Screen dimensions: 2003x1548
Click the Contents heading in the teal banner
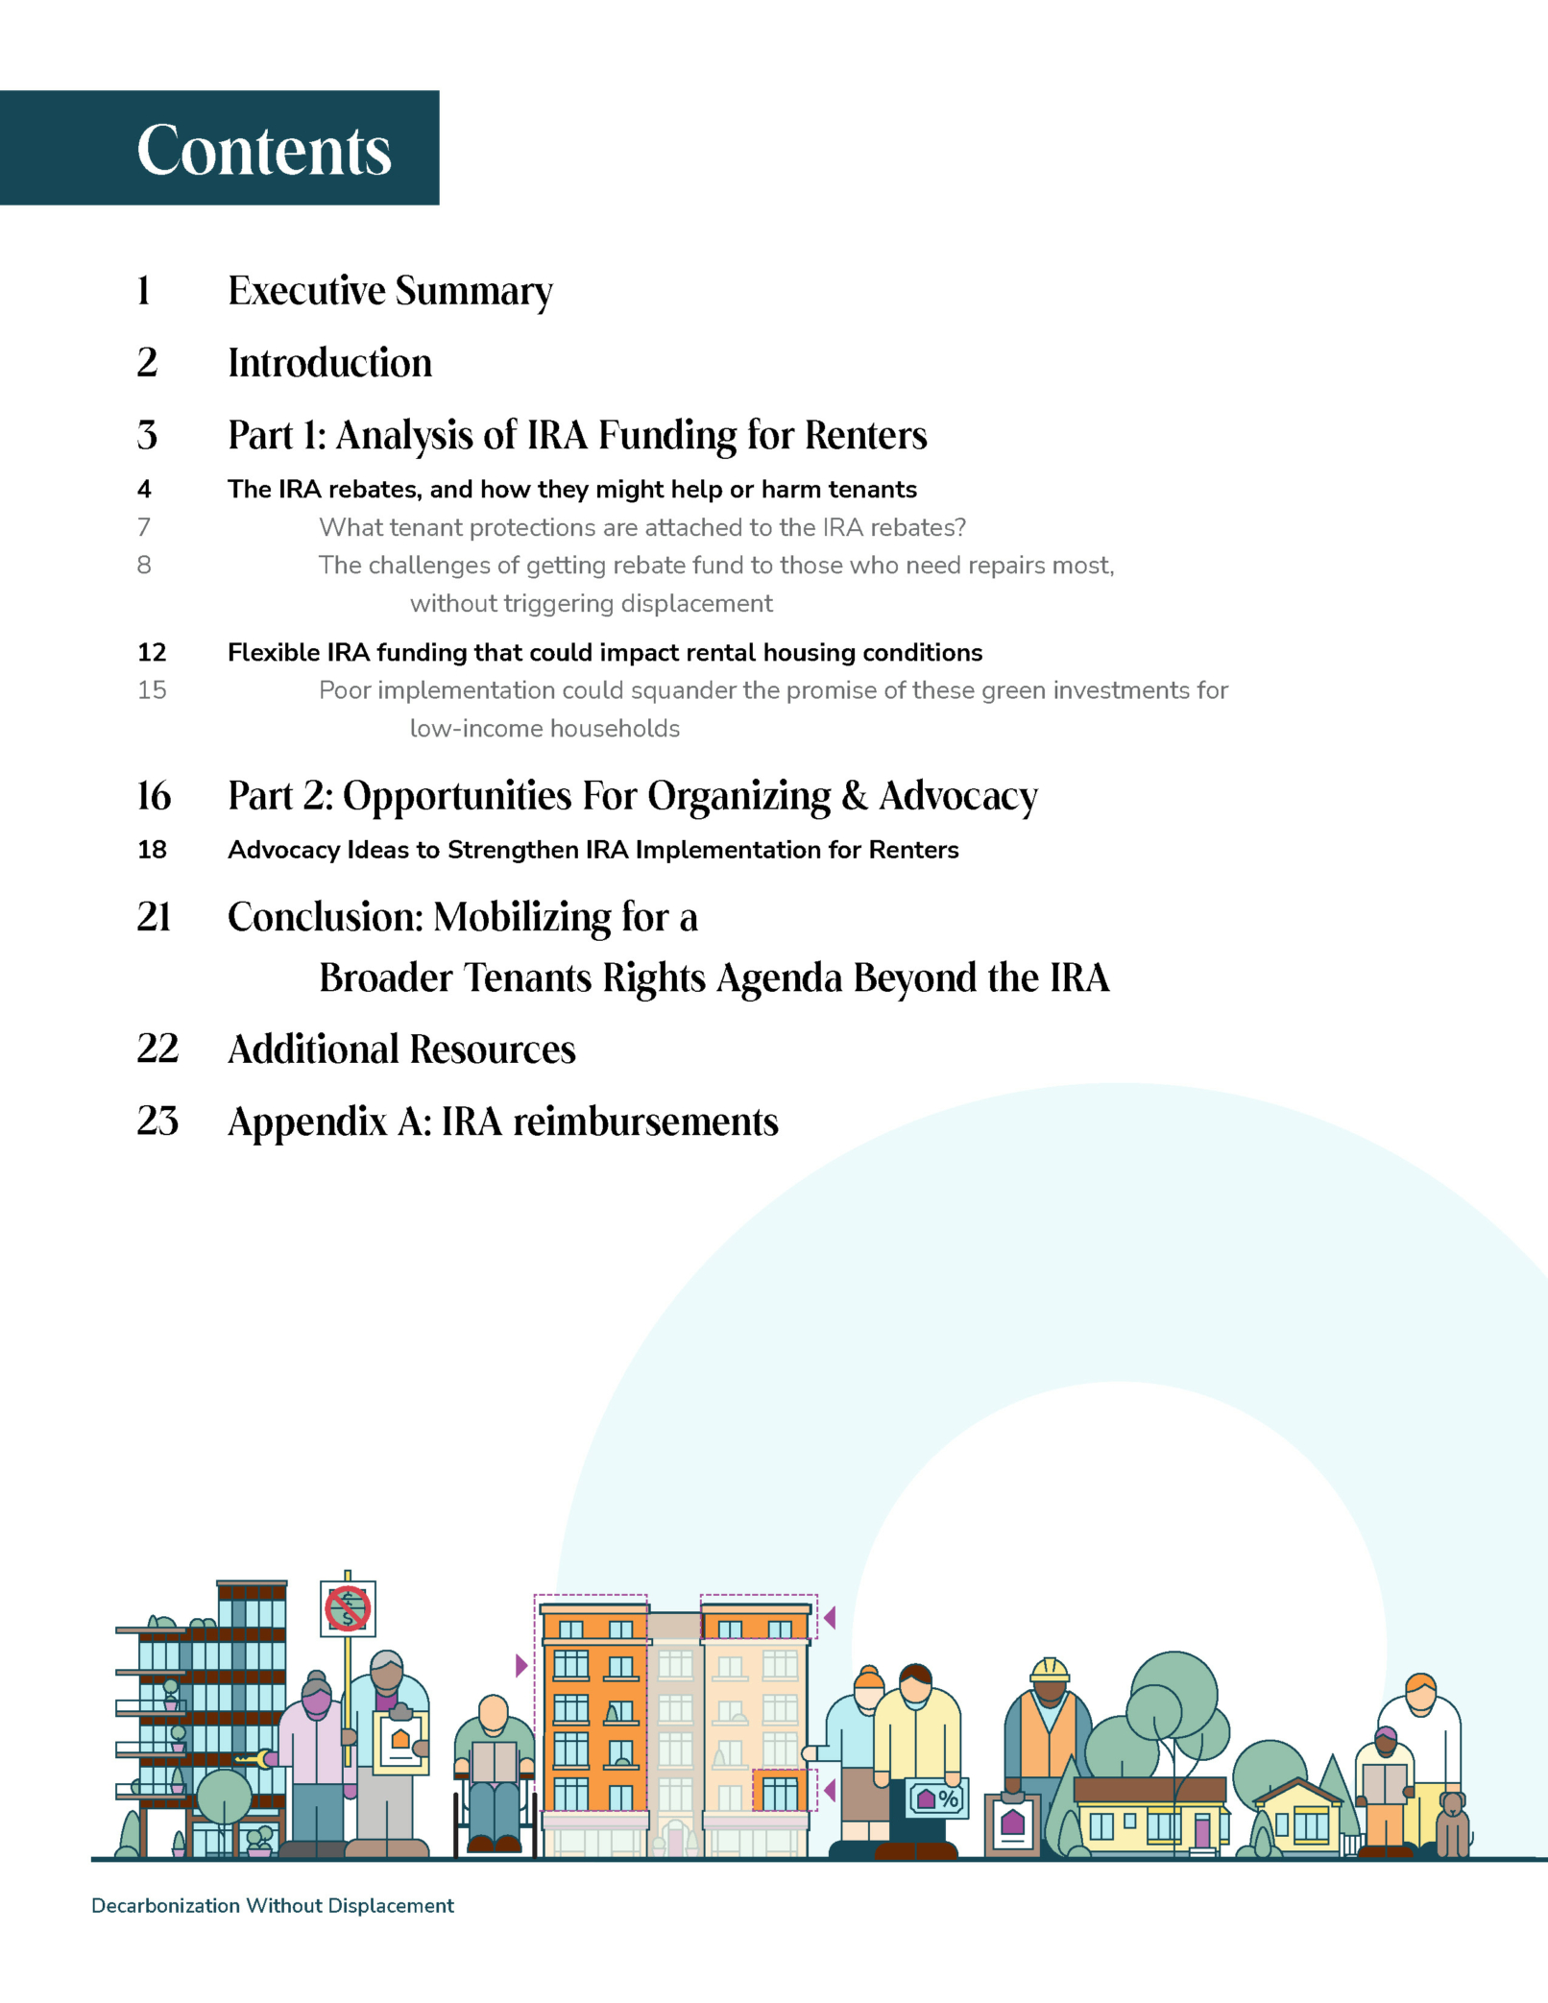tap(264, 150)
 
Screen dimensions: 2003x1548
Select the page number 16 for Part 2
tap(154, 796)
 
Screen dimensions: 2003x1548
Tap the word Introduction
tap(329, 363)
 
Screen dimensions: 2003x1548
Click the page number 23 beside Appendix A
tap(157, 1121)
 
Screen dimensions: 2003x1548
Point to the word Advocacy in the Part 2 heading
tap(958, 796)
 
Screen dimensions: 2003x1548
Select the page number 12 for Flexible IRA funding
tap(152, 653)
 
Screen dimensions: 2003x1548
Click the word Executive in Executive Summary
tap(306, 291)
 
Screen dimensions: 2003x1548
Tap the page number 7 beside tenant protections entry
tap(144, 527)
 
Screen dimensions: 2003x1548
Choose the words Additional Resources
tap(401, 1049)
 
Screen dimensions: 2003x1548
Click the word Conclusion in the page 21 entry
tap(325, 917)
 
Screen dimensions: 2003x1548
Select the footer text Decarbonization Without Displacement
tap(272, 1906)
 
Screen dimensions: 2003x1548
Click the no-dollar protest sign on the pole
tap(348, 1608)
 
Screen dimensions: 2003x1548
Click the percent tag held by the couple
tap(937, 1798)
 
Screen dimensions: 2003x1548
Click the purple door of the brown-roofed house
tap(1201, 1831)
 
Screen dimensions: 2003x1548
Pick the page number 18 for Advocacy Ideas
tap(152, 850)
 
